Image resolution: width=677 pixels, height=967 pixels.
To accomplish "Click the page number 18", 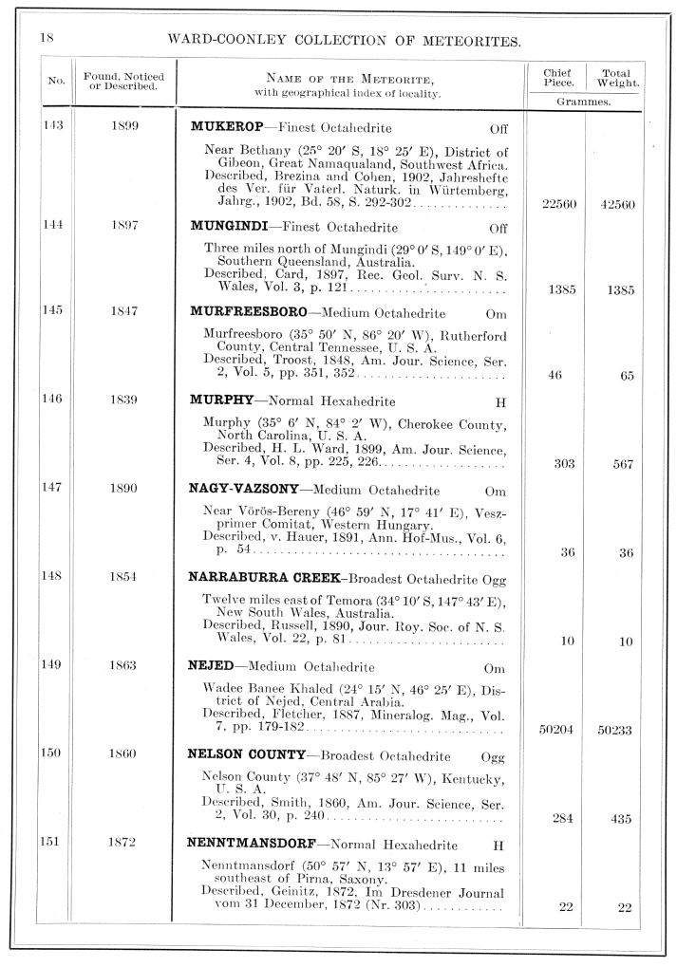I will pos(45,37).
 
